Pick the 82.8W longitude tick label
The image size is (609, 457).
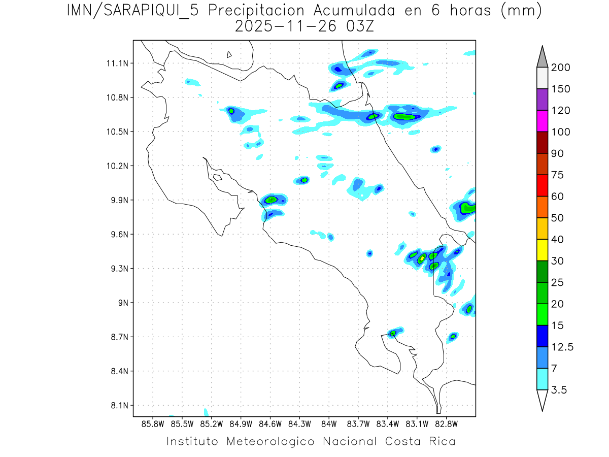point(446,424)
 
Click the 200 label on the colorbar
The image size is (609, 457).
point(560,68)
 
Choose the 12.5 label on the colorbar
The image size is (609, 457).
point(562,347)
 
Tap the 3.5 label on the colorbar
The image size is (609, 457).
point(559,390)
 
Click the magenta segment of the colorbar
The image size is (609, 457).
point(542,121)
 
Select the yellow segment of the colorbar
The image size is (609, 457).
point(542,250)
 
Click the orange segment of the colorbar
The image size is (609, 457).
point(542,207)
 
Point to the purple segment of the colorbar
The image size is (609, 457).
point(542,100)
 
